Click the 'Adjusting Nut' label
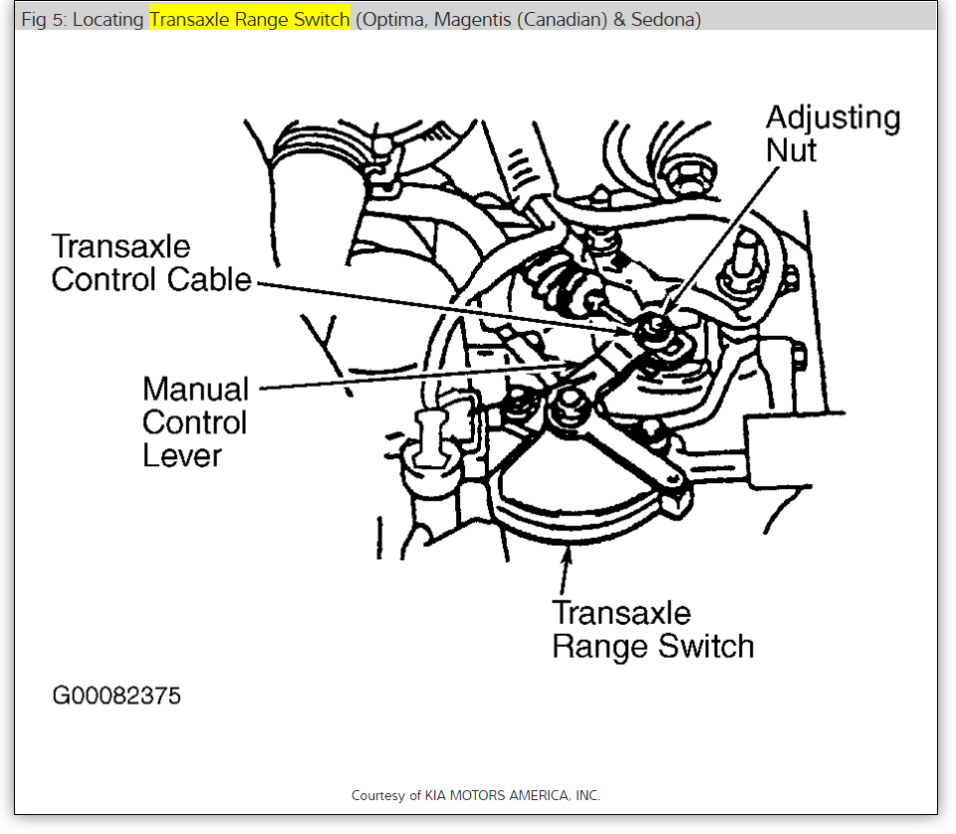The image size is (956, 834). coord(833,134)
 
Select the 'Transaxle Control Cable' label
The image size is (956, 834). coord(151,262)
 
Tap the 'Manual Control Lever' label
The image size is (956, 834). coord(195,421)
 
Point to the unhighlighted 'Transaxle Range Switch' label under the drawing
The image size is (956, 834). coord(652,629)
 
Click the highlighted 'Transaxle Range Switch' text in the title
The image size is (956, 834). coord(250,20)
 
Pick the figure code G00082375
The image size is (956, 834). coord(117,695)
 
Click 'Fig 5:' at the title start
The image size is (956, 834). coord(45,20)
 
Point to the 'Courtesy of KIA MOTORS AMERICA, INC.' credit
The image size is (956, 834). coord(476,795)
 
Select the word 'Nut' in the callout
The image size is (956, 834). coord(792,150)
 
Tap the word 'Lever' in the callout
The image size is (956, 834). coord(182,455)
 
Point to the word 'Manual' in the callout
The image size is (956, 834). coord(196,388)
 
